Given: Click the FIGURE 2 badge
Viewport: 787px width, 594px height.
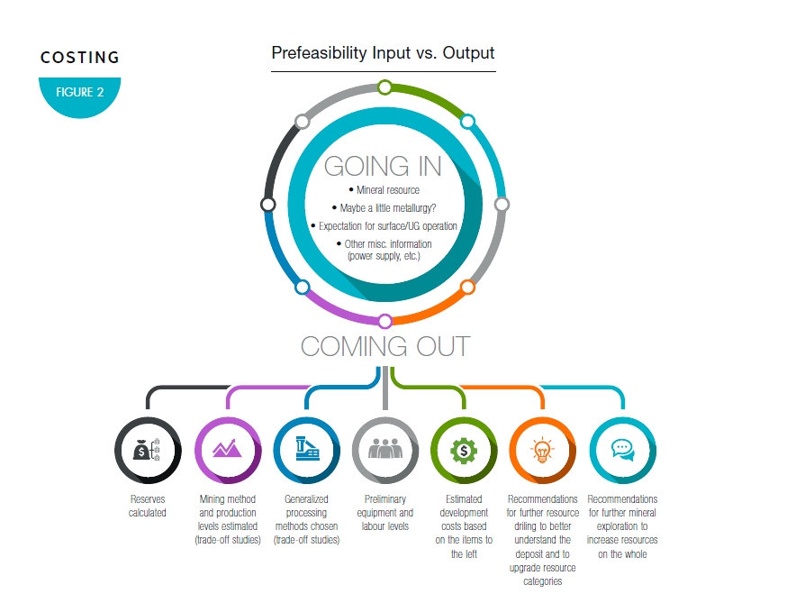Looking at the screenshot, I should point(79,93).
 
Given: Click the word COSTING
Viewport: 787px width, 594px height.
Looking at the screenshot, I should point(80,57).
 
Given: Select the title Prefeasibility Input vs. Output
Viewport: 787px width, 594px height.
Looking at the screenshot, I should point(383,53).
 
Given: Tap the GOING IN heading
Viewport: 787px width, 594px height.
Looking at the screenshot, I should point(383,166).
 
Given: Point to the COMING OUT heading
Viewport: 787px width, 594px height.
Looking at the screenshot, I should point(384,346).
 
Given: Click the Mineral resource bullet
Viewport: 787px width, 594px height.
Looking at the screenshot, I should point(384,190).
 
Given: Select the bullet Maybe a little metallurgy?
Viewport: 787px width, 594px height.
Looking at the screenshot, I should point(384,207).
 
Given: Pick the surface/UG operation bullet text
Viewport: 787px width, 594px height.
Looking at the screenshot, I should point(384,225).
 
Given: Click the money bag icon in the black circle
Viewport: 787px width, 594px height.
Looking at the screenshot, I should point(148,449).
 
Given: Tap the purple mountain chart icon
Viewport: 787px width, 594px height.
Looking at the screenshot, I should point(227,449).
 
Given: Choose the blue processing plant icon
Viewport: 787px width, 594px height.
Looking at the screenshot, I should point(306,449).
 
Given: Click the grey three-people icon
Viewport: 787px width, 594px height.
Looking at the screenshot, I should point(384,449).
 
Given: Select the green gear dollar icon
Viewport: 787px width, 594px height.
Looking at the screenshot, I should point(464,449).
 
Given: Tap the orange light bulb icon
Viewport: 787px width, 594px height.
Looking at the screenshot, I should point(542,449).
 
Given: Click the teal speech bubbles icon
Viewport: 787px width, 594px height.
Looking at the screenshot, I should point(622,449).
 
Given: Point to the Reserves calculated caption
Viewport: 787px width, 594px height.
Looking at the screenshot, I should point(148,506).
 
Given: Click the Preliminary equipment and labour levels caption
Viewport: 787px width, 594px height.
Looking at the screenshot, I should point(384,512).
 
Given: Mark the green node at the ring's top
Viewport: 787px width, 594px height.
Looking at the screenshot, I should point(384,87).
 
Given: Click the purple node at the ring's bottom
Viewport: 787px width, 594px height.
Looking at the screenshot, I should point(384,321).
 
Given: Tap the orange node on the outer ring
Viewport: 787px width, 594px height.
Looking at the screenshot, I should point(467,288).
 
